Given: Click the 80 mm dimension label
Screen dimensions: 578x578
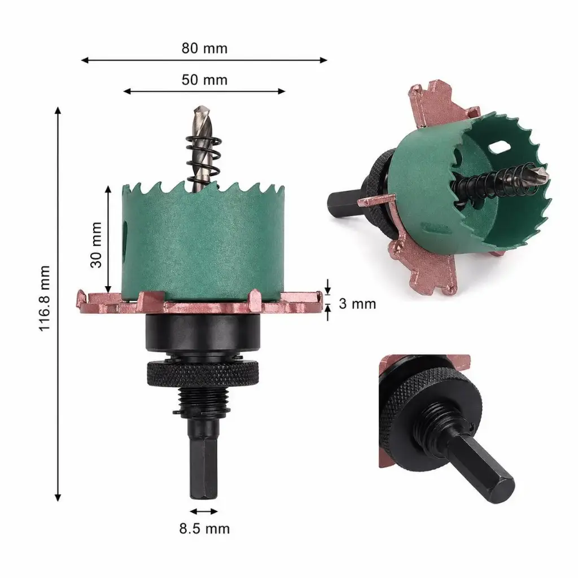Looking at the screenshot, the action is tap(204, 49).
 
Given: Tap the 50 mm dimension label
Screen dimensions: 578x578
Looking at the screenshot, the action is tap(204, 80).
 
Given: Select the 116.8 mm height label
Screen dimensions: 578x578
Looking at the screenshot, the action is tap(45, 298).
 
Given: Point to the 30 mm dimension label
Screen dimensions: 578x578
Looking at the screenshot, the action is tap(96, 244).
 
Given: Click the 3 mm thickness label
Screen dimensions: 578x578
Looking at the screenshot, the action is tap(357, 304).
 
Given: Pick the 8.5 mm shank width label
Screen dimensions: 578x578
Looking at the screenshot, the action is tap(204, 528).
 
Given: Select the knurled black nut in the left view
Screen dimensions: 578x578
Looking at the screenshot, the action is tap(203, 374).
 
